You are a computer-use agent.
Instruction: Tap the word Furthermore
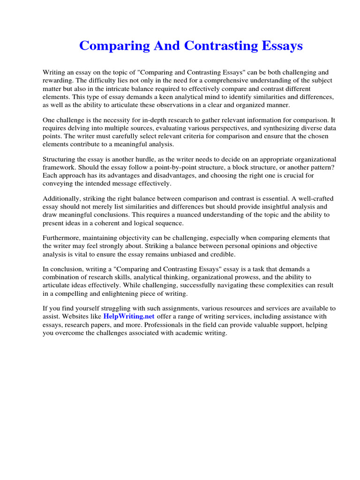tap(62, 238)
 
